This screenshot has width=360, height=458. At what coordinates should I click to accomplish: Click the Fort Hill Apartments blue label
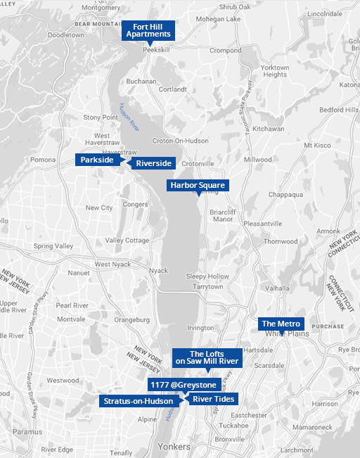point(148,30)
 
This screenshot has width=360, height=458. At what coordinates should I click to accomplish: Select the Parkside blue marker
point(97,160)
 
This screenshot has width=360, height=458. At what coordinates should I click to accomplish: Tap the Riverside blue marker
point(153,163)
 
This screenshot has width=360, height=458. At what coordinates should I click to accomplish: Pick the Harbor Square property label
point(197,185)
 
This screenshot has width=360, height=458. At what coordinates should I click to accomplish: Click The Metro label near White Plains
point(281,324)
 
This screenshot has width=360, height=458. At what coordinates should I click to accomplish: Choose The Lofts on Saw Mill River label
point(207,357)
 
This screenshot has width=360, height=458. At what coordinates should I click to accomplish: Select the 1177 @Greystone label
point(183,386)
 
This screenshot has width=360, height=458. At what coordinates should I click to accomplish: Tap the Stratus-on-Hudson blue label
point(138,401)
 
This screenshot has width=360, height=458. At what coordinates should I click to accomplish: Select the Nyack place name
point(159,270)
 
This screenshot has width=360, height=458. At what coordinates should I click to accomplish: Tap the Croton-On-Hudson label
point(176,141)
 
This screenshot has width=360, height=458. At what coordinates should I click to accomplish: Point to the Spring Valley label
point(53,246)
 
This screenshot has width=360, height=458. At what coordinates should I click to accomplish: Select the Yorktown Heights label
point(275,71)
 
